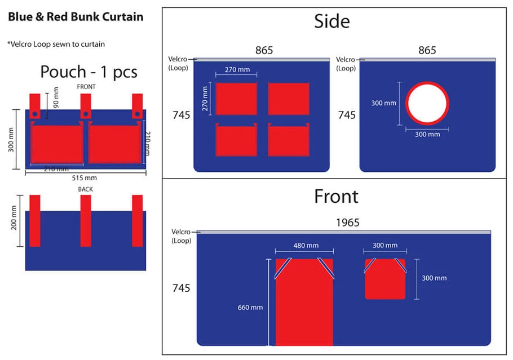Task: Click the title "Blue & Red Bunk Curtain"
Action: pos(76,17)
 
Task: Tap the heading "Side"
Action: pos(331,21)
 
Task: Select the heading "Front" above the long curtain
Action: pos(336,197)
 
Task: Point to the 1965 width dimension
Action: pos(347,223)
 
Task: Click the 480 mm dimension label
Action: pos(306,246)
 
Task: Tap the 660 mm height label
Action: pos(250,308)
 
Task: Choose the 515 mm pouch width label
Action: pos(85,178)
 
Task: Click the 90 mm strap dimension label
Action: pos(56,97)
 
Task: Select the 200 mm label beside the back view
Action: pos(14,218)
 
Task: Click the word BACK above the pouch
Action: pos(85,189)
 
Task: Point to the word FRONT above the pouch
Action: pos(86,87)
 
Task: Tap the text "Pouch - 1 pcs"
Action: pos(89,72)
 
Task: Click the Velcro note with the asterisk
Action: pos(56,44)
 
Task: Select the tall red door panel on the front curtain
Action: pos(304,302)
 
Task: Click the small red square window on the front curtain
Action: pos(385,279)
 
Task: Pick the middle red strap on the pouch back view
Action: pos(86,221)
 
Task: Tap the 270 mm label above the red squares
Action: pos(237,70)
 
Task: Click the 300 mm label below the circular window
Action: pos(427,135)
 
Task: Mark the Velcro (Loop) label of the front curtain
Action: pos(182,236)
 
